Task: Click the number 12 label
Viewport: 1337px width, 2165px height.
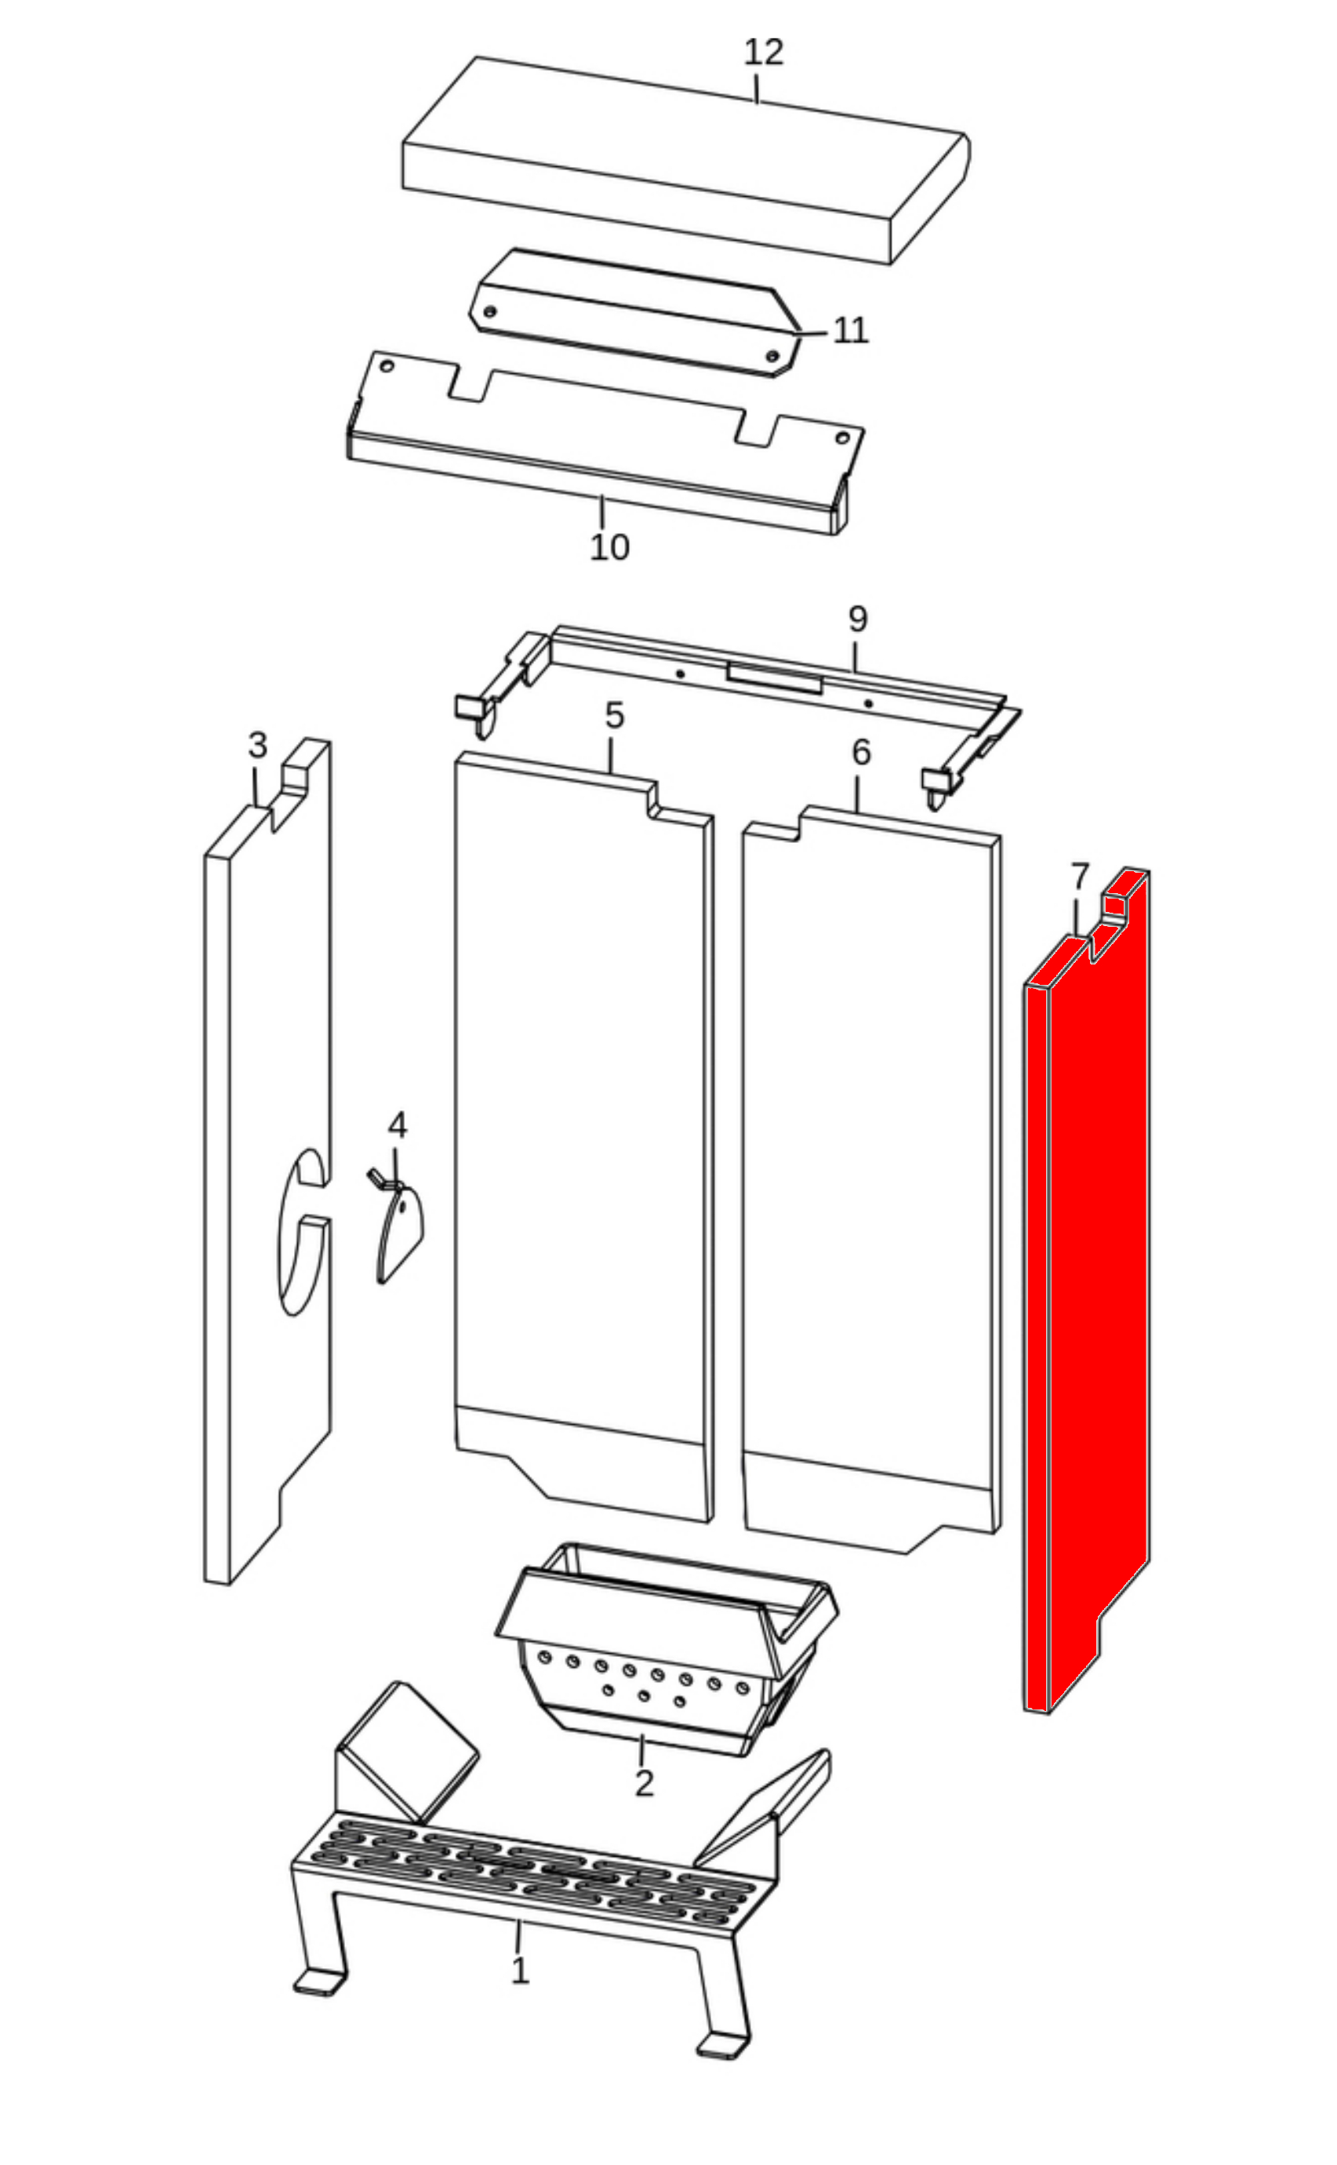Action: [x=763, y=53]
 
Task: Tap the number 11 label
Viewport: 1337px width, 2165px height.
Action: [x=851, y=331]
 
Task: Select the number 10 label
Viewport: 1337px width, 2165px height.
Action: [x=609, y=548]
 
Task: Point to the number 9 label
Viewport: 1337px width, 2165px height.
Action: [x=858, y=619]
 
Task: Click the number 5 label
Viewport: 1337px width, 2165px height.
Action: [x=615, y=715]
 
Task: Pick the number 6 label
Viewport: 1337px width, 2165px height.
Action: [x=861, y=752]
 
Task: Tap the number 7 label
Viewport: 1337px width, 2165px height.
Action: [x=1080, y=878]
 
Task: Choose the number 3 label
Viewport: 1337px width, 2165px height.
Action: [x=257, y=745]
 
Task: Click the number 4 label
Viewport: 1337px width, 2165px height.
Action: [x=398, y=1125]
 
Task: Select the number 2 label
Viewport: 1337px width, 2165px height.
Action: [x=644, y=1783]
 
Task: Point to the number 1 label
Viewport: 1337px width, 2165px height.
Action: [x=520, y=1971]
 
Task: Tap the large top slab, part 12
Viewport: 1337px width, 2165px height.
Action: [x=686, y=160]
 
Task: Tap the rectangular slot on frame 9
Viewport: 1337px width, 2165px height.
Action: [x=775, y=678]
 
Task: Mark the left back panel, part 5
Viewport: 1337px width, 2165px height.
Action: [x=584, y=1137]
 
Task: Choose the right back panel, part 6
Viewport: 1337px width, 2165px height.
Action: [x=872, y=1179]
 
